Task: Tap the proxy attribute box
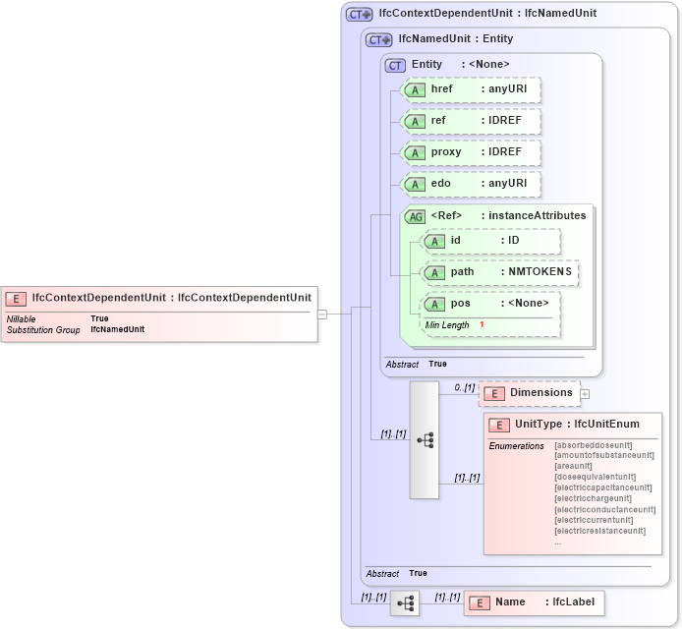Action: tap(472, 152)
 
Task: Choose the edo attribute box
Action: tap(472, 184)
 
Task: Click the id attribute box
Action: tap(490, 241)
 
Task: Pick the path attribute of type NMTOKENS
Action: tap(499, 272)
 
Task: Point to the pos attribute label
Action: tap(461, 303)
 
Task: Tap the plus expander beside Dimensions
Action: tap(585, 394)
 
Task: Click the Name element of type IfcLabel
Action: tap(534, 601)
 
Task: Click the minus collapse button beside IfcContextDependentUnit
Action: tap(321, 314)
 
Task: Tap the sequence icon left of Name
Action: tap(405, 602)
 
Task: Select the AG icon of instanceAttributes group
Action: tap(416, 216)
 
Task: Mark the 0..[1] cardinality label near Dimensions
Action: tap(464, 388)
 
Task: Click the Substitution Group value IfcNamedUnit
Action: tap(117, 329)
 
